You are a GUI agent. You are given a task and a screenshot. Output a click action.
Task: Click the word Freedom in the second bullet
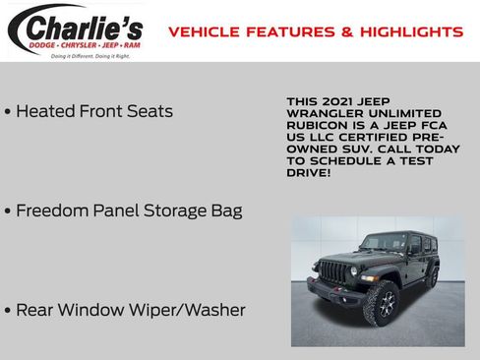[52, 210]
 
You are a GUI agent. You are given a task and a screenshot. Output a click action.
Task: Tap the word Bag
[223, 210]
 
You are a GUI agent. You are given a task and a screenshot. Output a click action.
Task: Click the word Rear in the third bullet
[35, 310]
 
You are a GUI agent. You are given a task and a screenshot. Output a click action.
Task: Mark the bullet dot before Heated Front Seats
[8, 112]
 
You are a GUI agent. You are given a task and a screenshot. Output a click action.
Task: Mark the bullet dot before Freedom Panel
[8, 211]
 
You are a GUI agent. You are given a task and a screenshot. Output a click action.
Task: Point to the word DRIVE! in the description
[308, 172]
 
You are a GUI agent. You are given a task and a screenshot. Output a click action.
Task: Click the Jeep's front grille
[334, 270]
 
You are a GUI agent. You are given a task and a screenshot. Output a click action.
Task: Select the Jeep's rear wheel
[432, 278]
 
